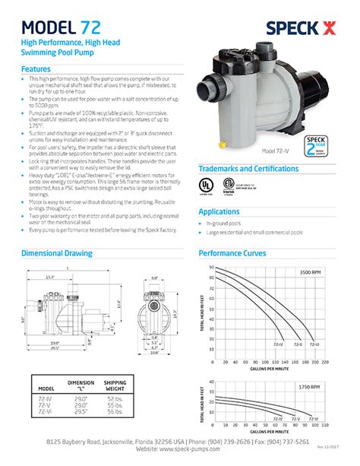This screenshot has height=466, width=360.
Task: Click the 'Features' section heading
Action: tap(36, 68)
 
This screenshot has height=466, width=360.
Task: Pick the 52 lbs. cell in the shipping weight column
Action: tap(115, 399)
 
